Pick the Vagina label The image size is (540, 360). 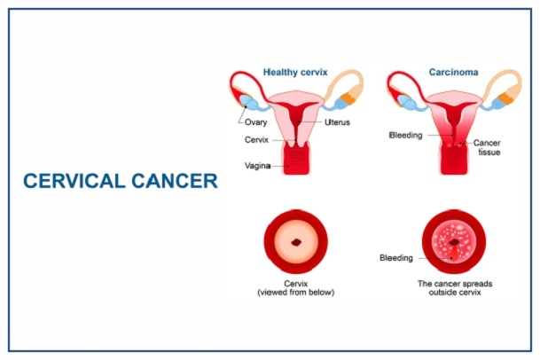tap(258, 166)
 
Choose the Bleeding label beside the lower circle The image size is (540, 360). tap(396, 258)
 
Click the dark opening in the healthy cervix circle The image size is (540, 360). tap(295, 241)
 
